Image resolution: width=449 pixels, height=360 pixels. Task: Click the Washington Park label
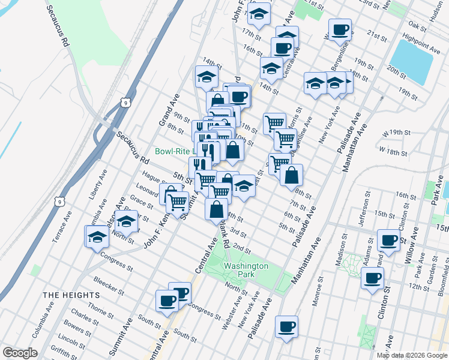246,270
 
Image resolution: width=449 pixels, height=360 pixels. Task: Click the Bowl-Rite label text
172,151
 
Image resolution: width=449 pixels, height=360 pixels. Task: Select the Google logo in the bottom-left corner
20,353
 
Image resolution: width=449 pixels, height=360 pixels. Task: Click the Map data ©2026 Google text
412,355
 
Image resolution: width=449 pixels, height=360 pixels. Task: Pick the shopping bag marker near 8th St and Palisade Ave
291,175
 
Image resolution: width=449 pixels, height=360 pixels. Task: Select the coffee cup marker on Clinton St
373,278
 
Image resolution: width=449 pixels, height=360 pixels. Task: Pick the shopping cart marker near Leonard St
176,203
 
